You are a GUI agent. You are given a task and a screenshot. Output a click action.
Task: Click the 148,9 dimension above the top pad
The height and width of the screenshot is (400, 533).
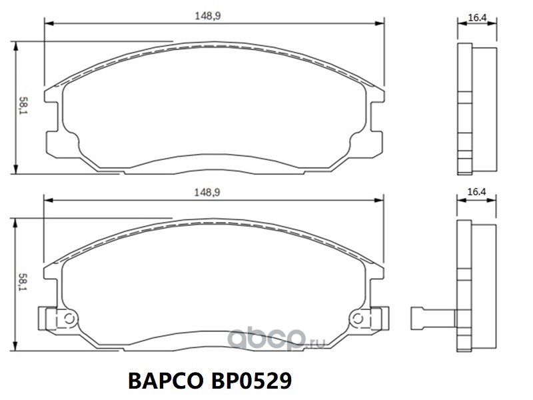[208, 16]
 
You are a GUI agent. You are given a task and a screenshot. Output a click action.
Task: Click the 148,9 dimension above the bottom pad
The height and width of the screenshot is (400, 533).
[207, 193]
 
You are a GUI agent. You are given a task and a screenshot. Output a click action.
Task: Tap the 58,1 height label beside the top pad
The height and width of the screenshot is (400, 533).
[23, 105]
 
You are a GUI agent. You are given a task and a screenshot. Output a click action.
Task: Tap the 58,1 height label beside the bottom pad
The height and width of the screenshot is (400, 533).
[23, 282]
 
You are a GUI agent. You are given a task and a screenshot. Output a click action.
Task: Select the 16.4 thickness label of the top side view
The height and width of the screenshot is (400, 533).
[477, 18]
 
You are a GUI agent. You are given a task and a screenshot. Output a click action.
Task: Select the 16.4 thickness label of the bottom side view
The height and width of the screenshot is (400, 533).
[476, 192]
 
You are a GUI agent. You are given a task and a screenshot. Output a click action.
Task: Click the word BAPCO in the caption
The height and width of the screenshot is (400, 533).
[165, 381]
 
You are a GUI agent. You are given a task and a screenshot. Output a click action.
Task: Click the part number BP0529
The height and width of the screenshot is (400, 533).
[251, 381]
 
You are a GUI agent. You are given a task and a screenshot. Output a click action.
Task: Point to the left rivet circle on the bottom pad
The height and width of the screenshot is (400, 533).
[69, 319]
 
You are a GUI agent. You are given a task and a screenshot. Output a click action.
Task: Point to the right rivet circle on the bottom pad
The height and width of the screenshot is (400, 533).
[358, 319]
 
